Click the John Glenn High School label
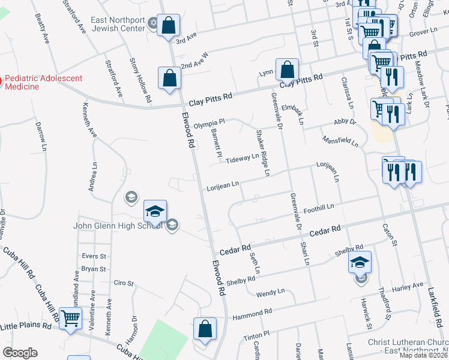tap(117, 226)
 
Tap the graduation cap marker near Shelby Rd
tap(360, 263)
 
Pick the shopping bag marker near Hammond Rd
tap(205, 329)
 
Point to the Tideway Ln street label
tap(242, 157)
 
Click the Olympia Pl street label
tap(209, 124)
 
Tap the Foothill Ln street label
tap(319, 207)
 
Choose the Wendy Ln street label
tap(270, 293)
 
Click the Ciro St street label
tap(123, 282)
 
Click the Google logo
tap(20, 353)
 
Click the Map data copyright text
tap(424, 355)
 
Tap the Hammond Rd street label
tap(253, 313)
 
